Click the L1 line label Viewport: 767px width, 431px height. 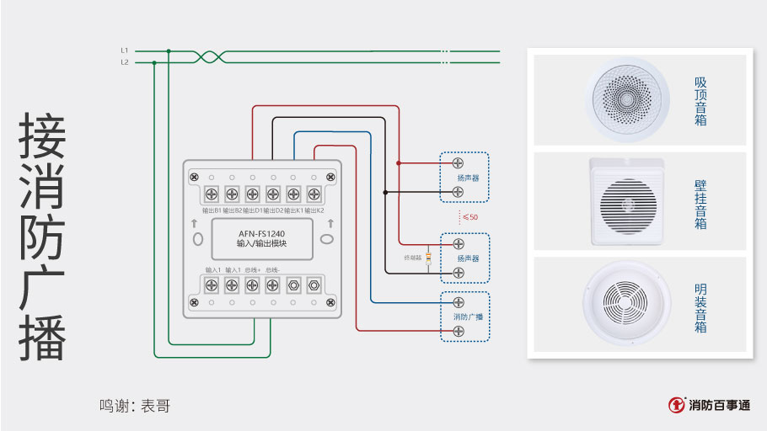pyautogui.click(x=125, y=51)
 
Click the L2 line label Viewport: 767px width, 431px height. pyautogui.click(x=125, y=62)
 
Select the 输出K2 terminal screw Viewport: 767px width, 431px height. pyautogui.click(x=314, y=194)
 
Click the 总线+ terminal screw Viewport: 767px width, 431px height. pyautogui.click(x=252, y=285)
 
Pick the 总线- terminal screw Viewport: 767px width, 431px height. pyautogui.click(x=272, y=285)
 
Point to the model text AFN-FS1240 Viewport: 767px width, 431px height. pyautogui.click(x=261, y=233)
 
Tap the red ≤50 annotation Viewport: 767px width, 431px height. pyautogui.click(x=470, y=217)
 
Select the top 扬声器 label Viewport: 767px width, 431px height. pyautogui.click(x=468, y=178)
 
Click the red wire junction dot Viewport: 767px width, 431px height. pyautogui.click(x=399, y=162)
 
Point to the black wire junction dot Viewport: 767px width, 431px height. pyautogui.click(x=385, y=192)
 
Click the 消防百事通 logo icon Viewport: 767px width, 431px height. pyautogui.click(x=676, y=405)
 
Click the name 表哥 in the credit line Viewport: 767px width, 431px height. pyautogui.click(x=156, y=406)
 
